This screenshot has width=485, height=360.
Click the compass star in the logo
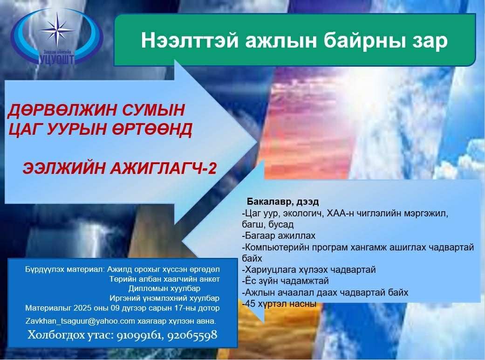click(57, 30)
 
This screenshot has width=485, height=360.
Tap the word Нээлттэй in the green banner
click(189, 41)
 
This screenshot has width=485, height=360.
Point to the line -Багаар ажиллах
click(279, 236)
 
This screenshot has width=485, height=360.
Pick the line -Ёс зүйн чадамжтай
click(285, 281)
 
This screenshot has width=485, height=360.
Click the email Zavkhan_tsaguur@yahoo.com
click(80, 321)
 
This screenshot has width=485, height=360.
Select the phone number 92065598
click(192, 335)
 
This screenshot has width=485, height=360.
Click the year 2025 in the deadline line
click(83, 308)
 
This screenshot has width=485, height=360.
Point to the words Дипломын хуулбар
click(164, 289)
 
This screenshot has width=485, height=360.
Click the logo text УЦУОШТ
click(57, 59)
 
